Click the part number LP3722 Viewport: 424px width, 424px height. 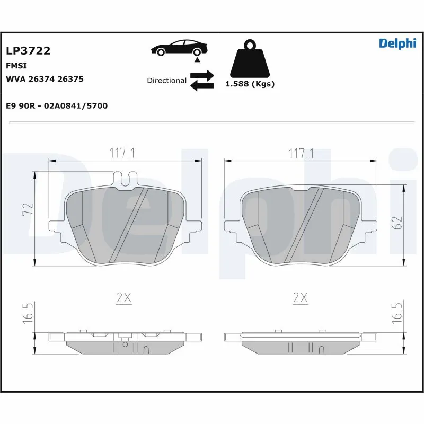pyautogui.click(x=28, y=51)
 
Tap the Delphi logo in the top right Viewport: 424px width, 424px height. pyautogui.click(x=397, y=43)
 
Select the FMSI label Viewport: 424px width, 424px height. pyautogui.click(x=16, y=66)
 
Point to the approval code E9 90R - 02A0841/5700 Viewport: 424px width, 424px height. pyautogui.click(x=57, y=106)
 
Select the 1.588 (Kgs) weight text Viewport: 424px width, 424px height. pyautogui.click(x=250, y=84)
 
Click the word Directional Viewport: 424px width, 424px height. pyautogui.click(x=166, y=81)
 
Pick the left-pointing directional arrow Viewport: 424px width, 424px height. pyautogui.click(x=201, y=86)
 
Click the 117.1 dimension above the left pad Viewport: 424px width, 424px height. pyautogui.click(x=123, y=154)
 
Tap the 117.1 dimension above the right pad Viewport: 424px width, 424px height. pyautogui.click(x=301, y=154)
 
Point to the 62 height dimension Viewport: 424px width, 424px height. pyautogui.click(x=399, y=222)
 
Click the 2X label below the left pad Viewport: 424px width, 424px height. pyautogui.click(x=123, y=298)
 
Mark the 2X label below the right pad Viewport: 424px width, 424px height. pyautogui.click(x=301, y=298)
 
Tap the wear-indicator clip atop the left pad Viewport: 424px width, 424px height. pyautogui.click(x=126, y=180)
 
